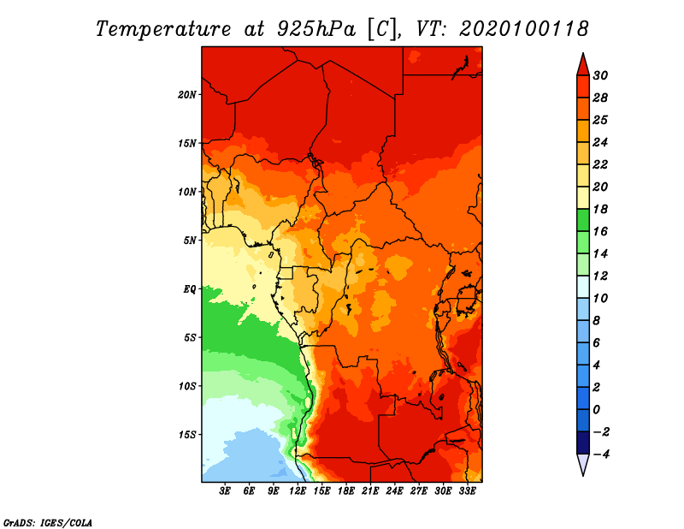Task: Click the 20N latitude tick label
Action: click(x=187, y=94)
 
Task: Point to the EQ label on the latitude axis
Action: click(x=189, y=289)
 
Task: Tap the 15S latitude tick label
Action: click(x=187, y=435)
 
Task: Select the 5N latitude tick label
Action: click(x=190, y=241)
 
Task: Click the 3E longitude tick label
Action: click(x=226, y=491)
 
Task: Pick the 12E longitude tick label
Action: click(x=298, y=491)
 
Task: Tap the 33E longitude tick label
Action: click(x=467, y=491)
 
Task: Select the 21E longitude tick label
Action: click(x=370, y=491)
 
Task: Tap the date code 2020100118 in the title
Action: click(x=524, y=29)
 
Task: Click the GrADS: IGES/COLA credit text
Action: click(x=47, y=520)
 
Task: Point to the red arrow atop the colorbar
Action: click(x=581, y=63)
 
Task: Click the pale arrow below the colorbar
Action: click(x=581, y=465)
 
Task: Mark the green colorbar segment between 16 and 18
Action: click(x=581, y=220)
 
